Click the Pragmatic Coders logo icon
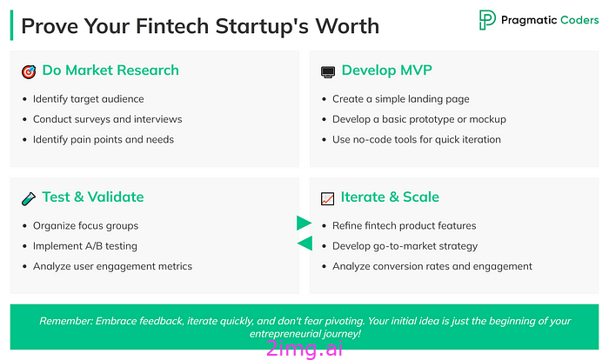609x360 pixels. point(487,20)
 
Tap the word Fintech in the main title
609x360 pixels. point(172,26)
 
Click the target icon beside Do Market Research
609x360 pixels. point(29,72)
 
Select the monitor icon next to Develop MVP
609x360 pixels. point(328,72)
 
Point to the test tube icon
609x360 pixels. point(29,198)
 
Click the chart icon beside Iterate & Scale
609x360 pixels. point(327,198)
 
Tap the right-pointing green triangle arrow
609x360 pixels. point(304,223)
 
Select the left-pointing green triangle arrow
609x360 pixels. point(304,243)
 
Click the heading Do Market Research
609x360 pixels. point(110,70)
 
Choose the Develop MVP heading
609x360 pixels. point(387,70)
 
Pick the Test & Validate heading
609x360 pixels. point(93,197)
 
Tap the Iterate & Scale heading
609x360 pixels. point(390,197)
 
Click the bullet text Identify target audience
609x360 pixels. point(88,99)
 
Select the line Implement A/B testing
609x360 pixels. point(85,246)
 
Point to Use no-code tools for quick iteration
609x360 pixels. point(417,139)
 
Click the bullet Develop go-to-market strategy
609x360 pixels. point(405,246)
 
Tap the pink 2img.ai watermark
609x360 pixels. point(304,348)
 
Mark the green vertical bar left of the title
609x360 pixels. point(11,25)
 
